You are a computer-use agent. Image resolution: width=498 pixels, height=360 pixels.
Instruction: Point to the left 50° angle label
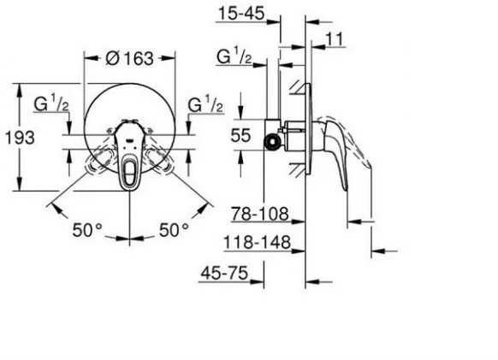[86, 230]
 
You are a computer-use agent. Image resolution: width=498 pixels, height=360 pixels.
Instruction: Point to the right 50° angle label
[174, 230]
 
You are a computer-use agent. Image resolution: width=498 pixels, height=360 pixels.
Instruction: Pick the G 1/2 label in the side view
[232, 59]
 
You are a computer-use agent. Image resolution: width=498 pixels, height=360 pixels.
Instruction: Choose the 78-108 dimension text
[264, 213]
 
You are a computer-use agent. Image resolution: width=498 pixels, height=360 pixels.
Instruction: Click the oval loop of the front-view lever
[129, 162]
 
